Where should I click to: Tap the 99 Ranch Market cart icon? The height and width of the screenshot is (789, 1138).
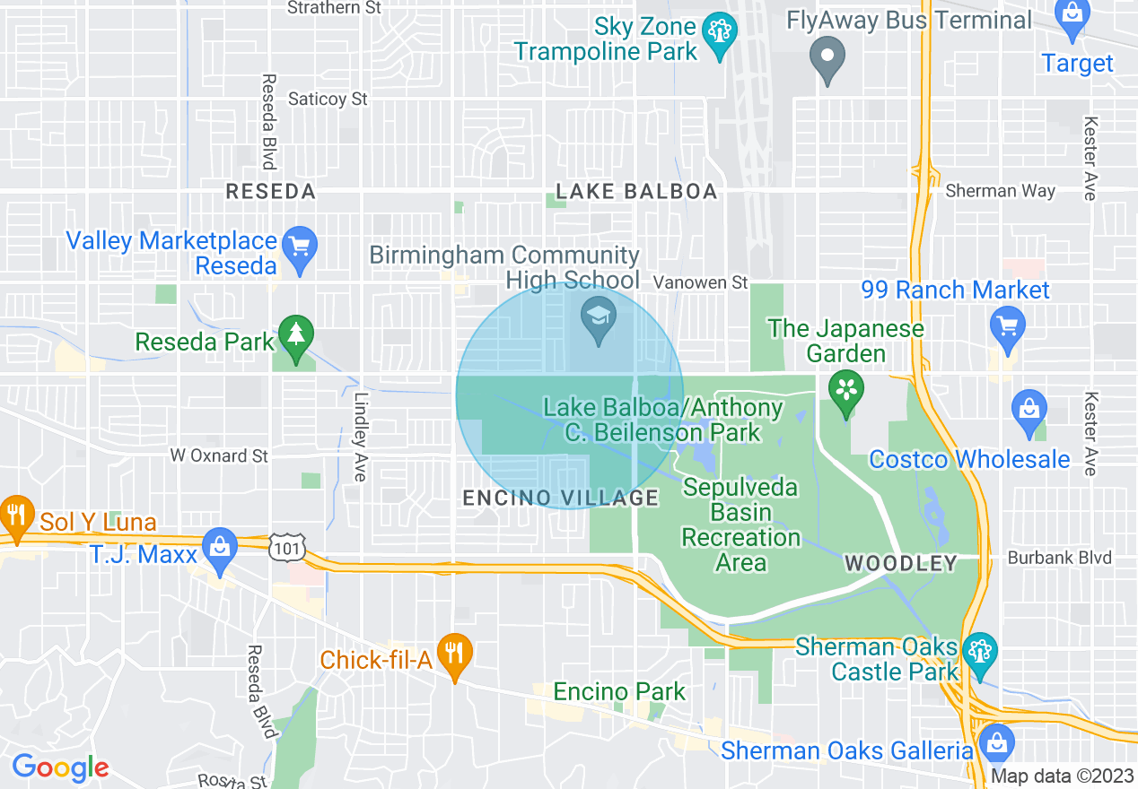point(1006,325)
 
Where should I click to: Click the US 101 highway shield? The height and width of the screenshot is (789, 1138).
point(288,546)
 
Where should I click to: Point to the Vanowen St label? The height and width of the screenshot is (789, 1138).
point(700,282)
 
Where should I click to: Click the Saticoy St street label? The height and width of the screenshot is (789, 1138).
point(328,99)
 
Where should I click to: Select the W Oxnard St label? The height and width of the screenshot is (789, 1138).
point(219,455)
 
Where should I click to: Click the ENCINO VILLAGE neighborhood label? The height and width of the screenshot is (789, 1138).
point(561,498)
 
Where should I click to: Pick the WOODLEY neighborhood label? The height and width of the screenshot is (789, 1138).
point(901,563)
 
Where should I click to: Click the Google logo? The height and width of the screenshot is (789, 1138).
point(60,768)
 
